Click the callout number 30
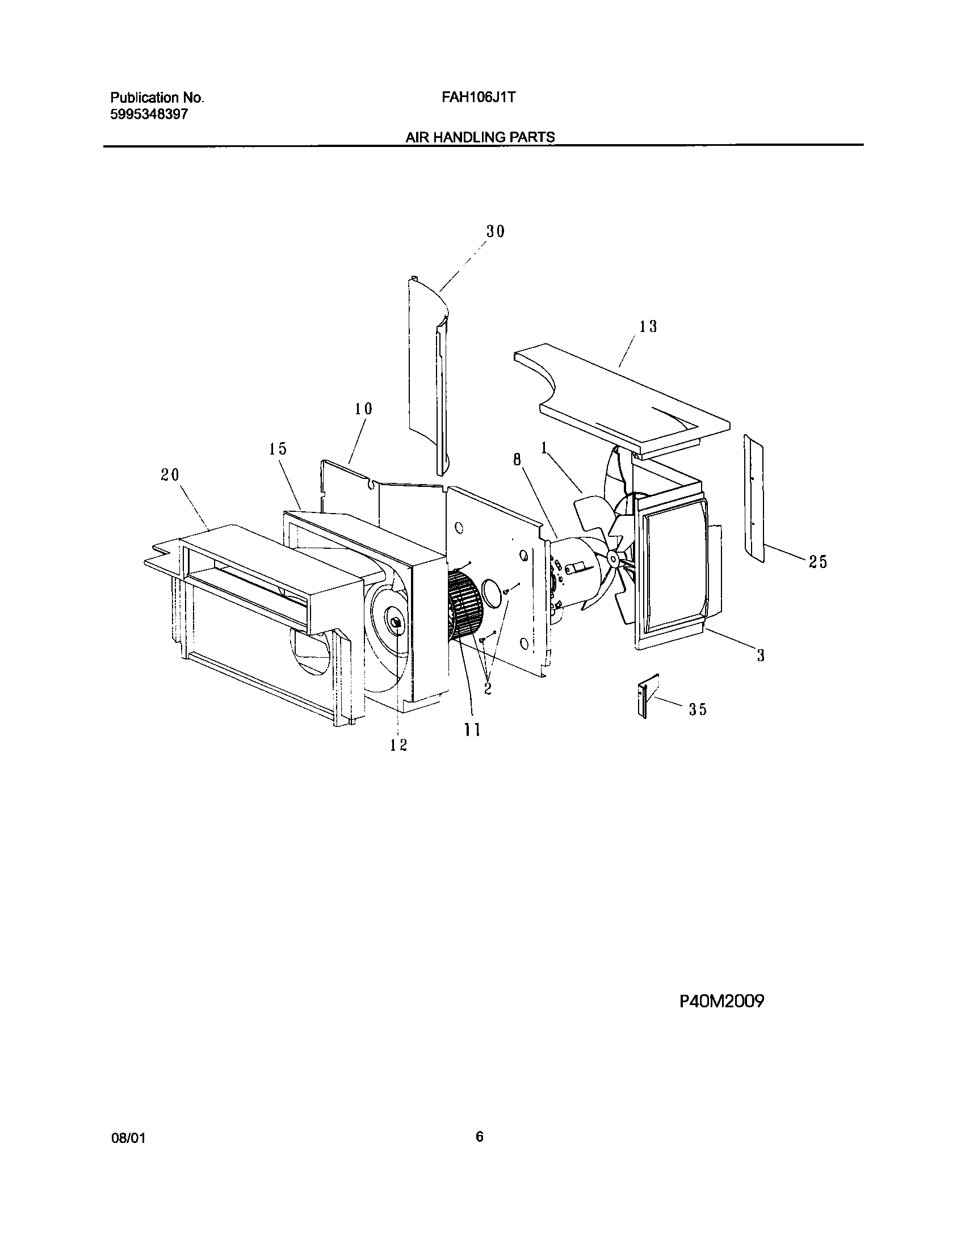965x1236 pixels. click(x=495, y=232)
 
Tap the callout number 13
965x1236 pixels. click(x=648, y=326)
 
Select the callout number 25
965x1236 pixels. click(x=818, y=562)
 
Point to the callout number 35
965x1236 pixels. click(x=698, y=709)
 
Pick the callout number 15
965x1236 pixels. click(x=278, y=449)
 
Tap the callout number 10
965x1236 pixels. click(x=363, y=409)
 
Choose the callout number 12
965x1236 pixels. click(x=398, y=745)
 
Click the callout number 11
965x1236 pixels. click(x=472, y=730)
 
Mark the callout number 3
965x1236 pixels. click(x=761, y=655)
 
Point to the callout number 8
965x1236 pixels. click(x=517, y=460)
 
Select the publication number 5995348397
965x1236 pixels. click(x=148, y=114)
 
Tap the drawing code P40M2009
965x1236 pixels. click(x=721, y=1018)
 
